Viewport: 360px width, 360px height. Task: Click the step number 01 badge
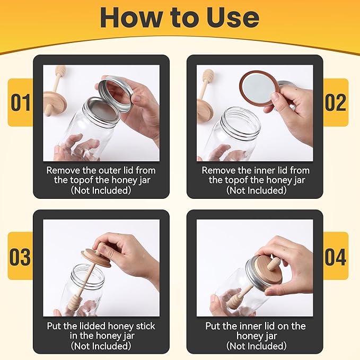pyautogui.click(x=21, y=102)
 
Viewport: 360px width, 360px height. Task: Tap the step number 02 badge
pyautogui.click(x=336, y=102)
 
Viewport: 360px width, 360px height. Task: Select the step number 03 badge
pyautogui.click(x=21, y=256)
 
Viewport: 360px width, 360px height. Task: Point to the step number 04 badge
pyautogui.click(x=336, y=256)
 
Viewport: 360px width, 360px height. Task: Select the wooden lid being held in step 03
pyautogui.click(x=96, y=258)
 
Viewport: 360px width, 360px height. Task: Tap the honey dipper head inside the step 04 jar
pyautogui.click(x=233, y=300)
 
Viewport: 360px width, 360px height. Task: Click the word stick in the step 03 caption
pyautogui.click(x=145, y=326)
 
